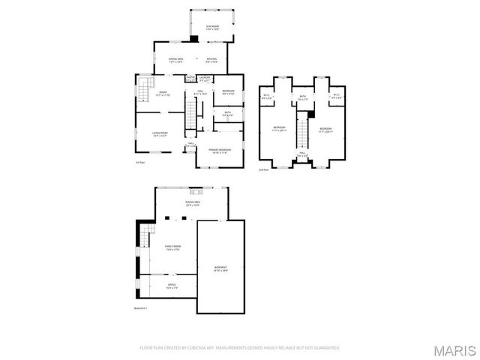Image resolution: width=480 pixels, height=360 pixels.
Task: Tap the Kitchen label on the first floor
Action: [x=212, y=59]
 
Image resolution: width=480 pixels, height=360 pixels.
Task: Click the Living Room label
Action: [x=160, y=134]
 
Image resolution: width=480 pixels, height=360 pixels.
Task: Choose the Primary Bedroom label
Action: [x=220, y=151]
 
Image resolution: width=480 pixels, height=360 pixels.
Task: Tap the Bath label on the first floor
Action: [x=227, y=114]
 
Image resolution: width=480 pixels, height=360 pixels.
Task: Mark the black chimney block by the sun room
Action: [x=193, y=38]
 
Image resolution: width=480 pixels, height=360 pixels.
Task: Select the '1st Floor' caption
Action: [x=139, y=163]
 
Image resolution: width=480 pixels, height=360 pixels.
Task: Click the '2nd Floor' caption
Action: [x=262, y=169]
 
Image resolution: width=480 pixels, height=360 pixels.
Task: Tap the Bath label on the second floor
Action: [x=303, y=97]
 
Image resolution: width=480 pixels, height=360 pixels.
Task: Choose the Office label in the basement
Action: [x=171, y=286]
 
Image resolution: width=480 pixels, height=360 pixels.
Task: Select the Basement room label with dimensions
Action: [x=220, y=268]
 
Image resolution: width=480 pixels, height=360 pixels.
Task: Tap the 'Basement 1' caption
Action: [x=141, y=308]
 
